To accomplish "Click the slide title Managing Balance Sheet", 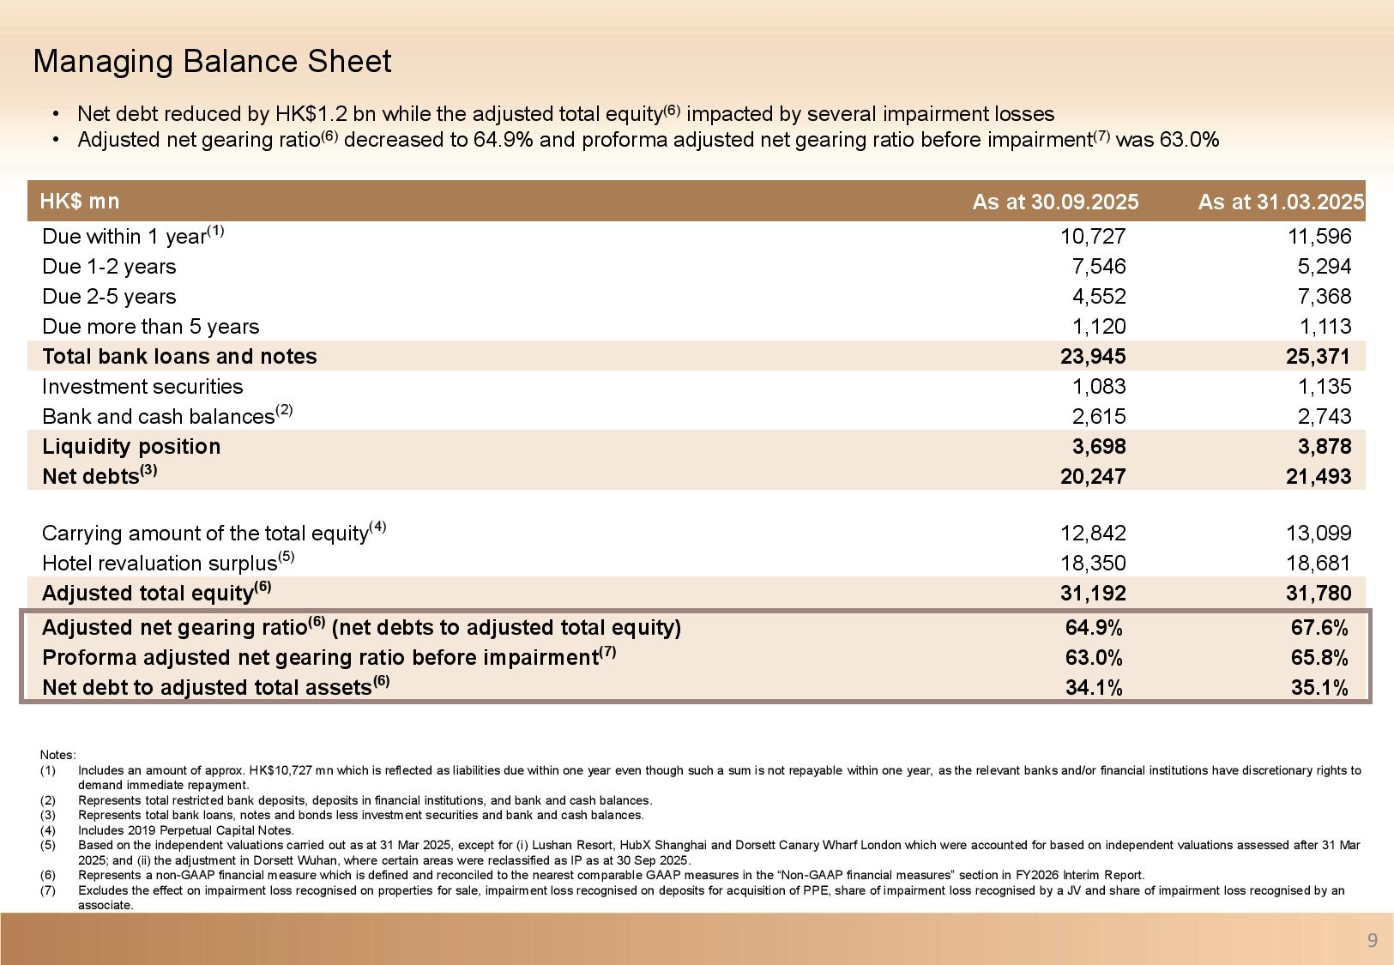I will click(x=212, y=62).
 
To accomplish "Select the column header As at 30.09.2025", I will click(x=1055, y=202).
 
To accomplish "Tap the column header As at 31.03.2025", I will click(x=1280, y=202).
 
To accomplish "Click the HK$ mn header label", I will click(x=80, y=201).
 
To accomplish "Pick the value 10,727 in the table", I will click(x=1093, y=237).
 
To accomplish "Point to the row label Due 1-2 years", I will click(x=109, y=267).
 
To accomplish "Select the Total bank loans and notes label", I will click(x=179, y=357).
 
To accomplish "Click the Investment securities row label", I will click(x=142, y=387).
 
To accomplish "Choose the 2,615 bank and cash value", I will click(x=1099, y=417).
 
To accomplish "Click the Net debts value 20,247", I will click(x=1093, y=477).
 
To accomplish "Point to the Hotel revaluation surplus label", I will click(x=160, y=564).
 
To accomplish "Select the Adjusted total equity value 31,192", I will click(x=1093, y=594).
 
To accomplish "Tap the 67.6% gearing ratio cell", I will click(x=1319, y=628).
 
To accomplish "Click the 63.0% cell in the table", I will click(x=1094, y=658).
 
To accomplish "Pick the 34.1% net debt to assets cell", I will click(x=1094, y=688).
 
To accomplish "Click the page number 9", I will click(x=1372, y=941).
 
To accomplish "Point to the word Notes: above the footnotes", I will click(x=57, y=755).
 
